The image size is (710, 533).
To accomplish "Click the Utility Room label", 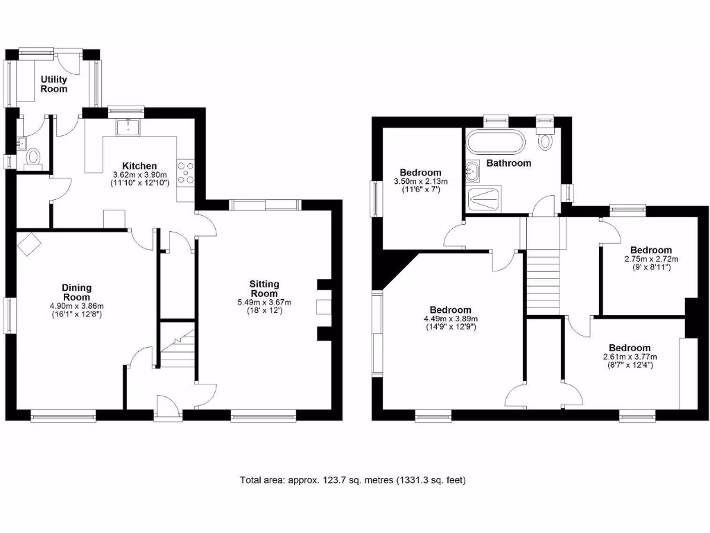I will [53, 85].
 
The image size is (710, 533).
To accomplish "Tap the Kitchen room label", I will [139, 165].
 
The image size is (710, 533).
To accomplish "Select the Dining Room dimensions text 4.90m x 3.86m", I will [76, 306].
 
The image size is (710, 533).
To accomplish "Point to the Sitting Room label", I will [264, 288].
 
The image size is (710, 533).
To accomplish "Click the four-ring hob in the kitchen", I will [186, 173].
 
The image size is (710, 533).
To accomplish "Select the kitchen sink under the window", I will [130, 127].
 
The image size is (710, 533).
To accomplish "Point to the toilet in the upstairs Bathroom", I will [546, 139].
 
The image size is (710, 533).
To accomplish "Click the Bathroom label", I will [508, 163].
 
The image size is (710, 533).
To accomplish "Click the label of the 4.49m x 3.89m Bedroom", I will [450, 310].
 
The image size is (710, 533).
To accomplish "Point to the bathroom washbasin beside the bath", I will [472, 168].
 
